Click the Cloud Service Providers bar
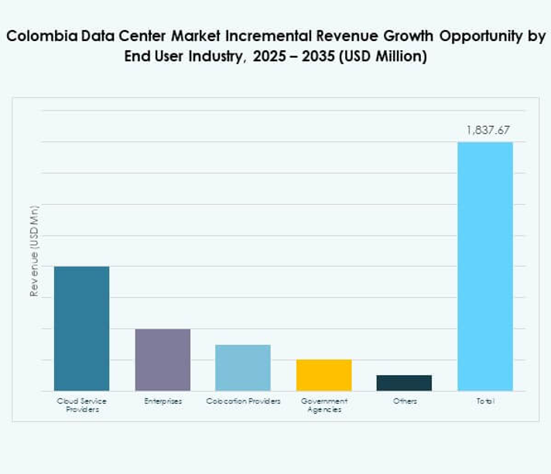[x=81, y=329]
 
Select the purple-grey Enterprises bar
[x=163, y=360]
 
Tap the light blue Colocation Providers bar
[x=243, y=367]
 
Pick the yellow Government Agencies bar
[x=323, y=375]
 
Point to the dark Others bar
[x=404, y=383]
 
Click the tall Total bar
[x=485, y=266]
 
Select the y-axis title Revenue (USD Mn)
[x=34, y=251]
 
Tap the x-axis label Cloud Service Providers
[x=81, y=405]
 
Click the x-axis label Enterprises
[x=163, y=401]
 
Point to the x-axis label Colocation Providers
[x=243, y=401]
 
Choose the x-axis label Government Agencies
[x=323, y=405]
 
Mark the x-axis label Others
[x=404, y=401]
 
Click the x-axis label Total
[x=485, y=401]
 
